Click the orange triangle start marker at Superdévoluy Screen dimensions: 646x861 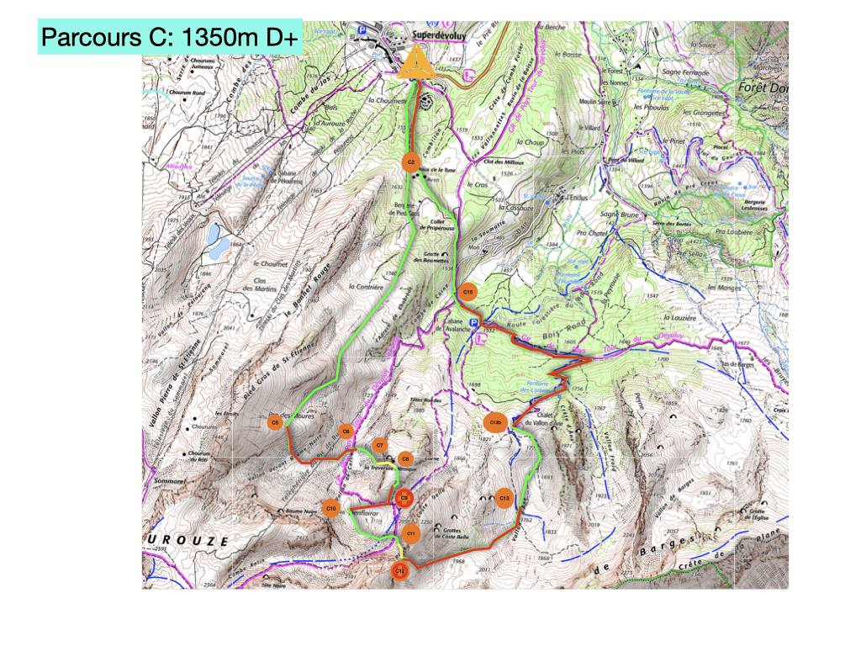coord(415,65)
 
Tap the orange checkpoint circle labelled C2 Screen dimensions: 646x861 coord(411,161)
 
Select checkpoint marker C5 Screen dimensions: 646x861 coord(274,422)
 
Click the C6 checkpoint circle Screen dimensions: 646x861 coord(346,431)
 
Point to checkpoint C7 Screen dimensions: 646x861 coord(380,445)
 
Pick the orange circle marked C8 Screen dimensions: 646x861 coord(405,458)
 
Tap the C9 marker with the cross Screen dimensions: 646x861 coord(404,499)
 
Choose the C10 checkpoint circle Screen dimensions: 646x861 coord(331,509)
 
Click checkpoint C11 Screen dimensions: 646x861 coord(411,533)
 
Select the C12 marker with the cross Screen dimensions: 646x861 coord(401,571)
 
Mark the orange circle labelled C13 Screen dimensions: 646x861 coord(504,499)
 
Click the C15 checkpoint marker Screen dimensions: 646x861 coord(468,292)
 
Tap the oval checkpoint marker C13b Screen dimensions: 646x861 coord(496,422)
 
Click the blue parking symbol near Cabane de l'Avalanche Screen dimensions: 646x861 coord(473,324)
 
